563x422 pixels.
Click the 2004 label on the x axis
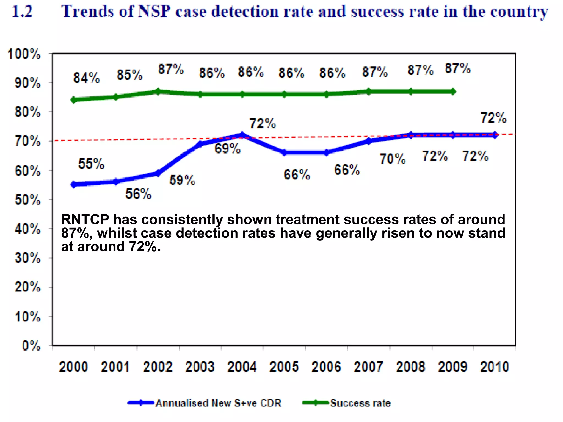(242, 367)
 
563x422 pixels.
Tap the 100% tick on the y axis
(24, 54)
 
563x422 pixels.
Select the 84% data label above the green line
(86, 78)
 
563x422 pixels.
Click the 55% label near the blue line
(91, 164)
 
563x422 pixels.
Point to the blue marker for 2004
(242, 135)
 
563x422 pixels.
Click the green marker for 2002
(158, 91)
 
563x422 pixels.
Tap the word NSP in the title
(154, 12)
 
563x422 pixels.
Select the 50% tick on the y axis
(27, 200)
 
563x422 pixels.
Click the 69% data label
(227, 149)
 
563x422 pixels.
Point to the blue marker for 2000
(73, 185)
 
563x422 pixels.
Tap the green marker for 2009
(453, 91)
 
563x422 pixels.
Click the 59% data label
(182, 180)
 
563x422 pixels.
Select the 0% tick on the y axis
(31, 345)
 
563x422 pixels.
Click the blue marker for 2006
(326, 153)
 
